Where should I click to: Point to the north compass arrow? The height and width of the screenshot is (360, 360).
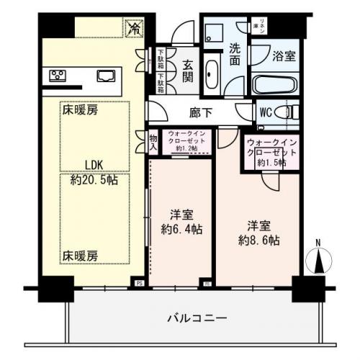pyautogui.click(x=317, y=259)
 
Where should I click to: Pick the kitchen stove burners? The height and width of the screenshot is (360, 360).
pyautogui.click(x=57, y=75)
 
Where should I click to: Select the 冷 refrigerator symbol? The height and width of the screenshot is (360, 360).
pyautogui.click(x=134, y=28)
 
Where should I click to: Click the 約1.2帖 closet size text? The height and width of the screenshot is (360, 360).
pyautogui.click(x=188, y=148)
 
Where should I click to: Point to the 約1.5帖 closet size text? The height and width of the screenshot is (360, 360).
pyautogui.click(x=271, y=163)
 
